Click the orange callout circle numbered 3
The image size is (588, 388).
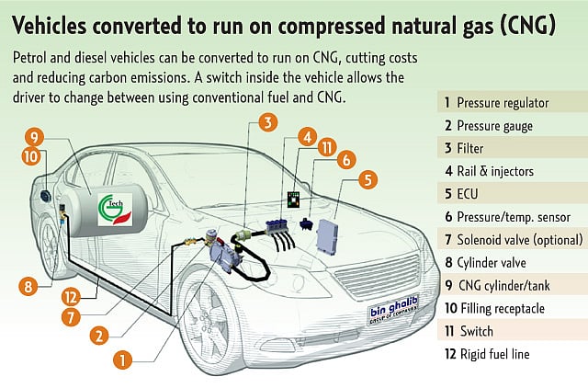(266, 121)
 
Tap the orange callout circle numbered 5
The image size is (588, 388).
(368, 180)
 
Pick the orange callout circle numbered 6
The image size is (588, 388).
(346, 159)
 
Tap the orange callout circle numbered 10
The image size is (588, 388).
(30, 156)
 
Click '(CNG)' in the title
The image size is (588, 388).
(518, 25)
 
